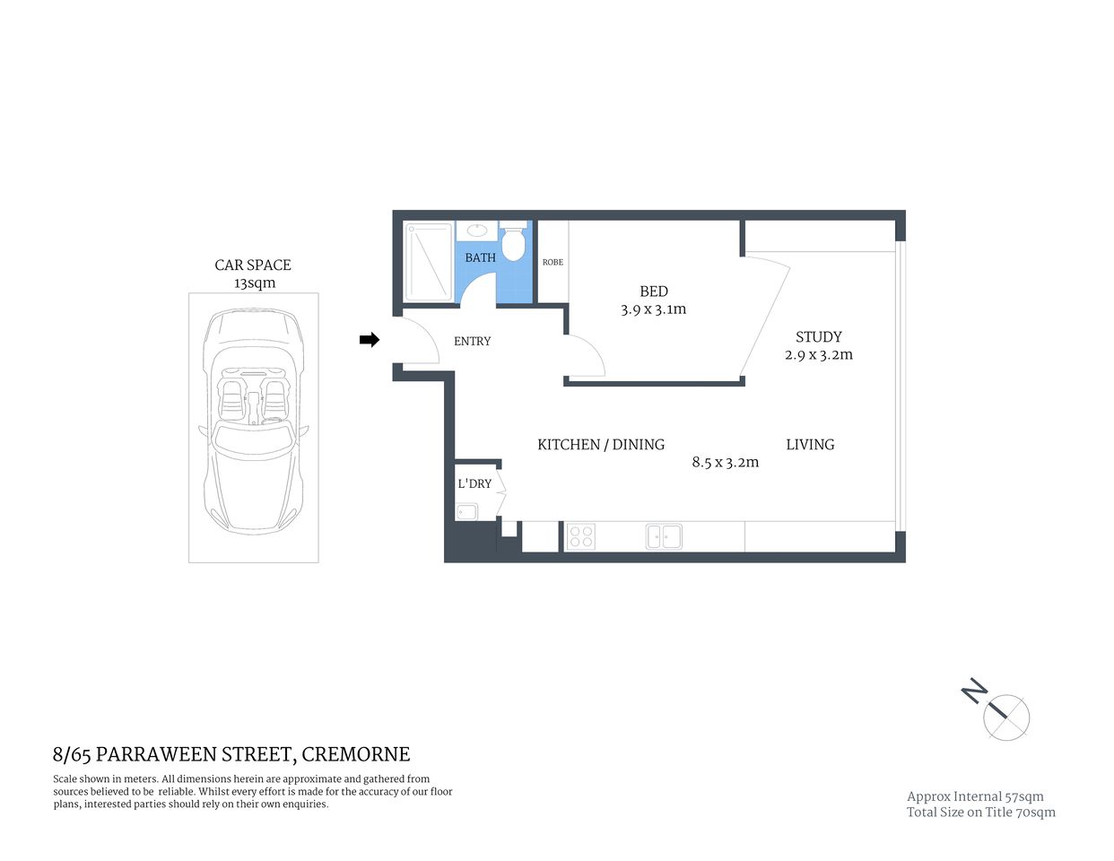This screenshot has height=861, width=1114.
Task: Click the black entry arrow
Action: [x=369, y=340]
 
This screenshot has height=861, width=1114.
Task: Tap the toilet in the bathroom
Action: [x=513, y=242]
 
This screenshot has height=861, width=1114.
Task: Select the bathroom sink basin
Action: [x=477, y=230]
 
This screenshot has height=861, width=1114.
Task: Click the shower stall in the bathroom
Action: [x=429, y=262]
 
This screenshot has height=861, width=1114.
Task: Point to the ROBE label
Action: [x=553, y=262]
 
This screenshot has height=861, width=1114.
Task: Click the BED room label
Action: [x=653, y=291]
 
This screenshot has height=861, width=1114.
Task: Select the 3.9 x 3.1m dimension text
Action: [x=653, y=309]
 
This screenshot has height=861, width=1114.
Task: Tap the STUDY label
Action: [x=818, y=337]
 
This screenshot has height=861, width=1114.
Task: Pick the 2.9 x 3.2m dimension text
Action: [x=818, y=355]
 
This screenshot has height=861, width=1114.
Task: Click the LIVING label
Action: [x=810, y=445]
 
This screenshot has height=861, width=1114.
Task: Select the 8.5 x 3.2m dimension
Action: [x=725, y=463]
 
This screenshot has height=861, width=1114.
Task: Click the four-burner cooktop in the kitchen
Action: [x=580, y=536]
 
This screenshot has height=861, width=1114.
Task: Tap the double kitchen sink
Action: [x=664, y=536]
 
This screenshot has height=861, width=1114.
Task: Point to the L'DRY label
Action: [x=474, y=484]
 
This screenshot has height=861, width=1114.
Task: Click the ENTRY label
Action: [x=472, y=342]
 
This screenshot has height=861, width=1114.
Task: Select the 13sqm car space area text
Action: [x=255, y=283]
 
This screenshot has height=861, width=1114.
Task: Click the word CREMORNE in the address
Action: [x=355, y=755]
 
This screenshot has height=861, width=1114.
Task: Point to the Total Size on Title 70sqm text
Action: [x=980, y=813]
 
